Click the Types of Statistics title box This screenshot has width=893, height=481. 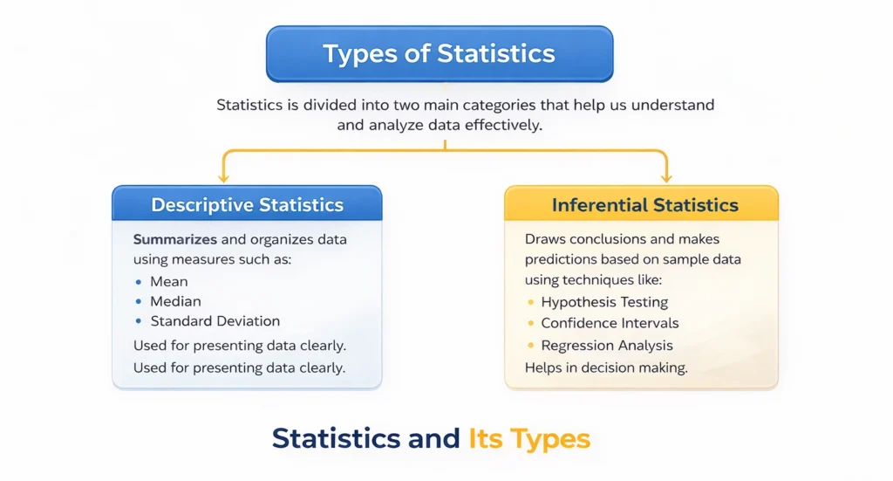coord(440,53)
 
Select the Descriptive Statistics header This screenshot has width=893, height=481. coord(247,206)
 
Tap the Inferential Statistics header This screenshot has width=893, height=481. coord(644,206)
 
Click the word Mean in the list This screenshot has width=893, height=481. coord(169,281)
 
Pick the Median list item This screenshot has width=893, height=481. coord(175,301)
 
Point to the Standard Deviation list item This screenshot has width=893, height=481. coord(215,321)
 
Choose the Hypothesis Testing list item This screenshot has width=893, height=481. coord(604,302)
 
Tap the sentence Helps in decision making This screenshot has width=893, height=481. coord(606,368)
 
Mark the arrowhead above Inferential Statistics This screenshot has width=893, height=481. coord(667,176)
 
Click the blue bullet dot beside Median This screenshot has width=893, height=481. coord(140,302)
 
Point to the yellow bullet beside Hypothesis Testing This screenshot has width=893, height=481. coord(531,303)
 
